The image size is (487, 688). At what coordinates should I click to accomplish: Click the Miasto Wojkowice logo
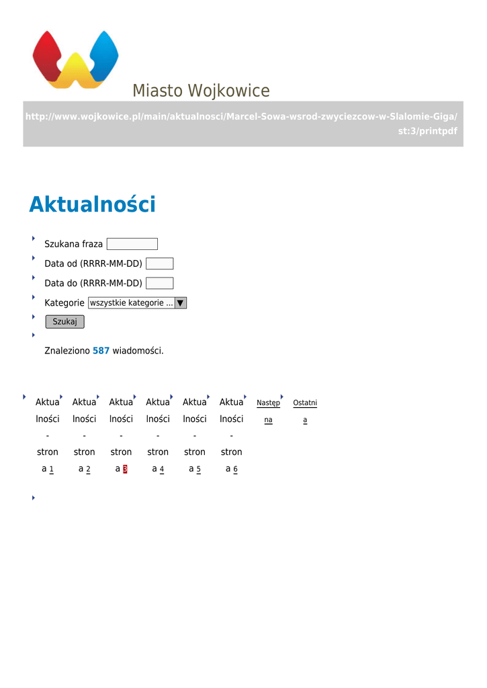[x=75, y=59]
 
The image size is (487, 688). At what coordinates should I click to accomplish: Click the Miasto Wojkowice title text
[x=201, y=91]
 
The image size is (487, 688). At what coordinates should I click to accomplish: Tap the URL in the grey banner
[x=242, y=124]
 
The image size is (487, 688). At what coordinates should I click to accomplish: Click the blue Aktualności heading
[x=92, y=204]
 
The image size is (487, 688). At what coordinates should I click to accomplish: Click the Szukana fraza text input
[x=132, y=244]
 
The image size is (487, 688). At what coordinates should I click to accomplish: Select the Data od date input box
[x=159, y=263]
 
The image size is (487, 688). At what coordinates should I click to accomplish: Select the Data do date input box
[x=159, y=283]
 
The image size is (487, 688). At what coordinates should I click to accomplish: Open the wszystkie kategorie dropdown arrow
[x=180, y=303]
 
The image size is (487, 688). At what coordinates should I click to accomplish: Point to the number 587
[x=101, y=351]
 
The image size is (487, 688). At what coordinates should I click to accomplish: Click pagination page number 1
[x=51, y=469]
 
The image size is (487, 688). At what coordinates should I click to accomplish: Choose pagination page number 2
[x=88, y=469]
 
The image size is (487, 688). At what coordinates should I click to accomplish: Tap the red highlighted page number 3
[x=125, y=469]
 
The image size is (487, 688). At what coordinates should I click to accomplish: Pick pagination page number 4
[x=162, y=469]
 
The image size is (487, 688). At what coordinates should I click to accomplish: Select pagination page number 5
[x=198, y=469]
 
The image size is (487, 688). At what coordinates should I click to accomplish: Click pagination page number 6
[x=235, y=469]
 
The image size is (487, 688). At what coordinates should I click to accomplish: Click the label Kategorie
[x=64, y=303]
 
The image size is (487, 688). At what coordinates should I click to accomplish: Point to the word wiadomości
[x=138, y=351]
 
